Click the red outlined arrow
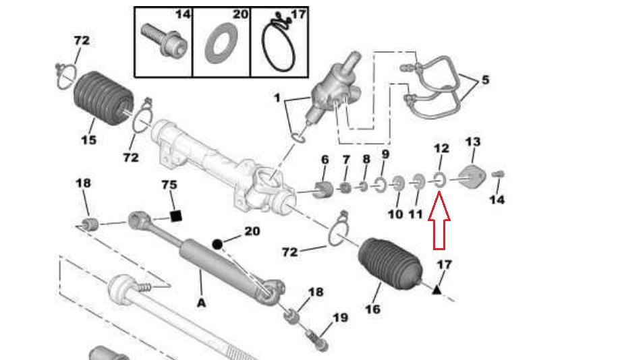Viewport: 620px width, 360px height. (x=439, y=220)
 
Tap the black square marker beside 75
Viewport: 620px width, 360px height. (x=175, y=216)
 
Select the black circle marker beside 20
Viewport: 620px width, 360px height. (x=217, y=244)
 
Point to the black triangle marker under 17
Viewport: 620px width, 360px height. (x=436, y=290)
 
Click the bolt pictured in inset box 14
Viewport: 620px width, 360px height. (x=164, y=40)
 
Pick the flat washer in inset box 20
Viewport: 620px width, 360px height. (x=221, y=42)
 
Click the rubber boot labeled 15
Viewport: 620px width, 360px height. (x=104, y=98)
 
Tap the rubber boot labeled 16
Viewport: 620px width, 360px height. (x=390, y=264)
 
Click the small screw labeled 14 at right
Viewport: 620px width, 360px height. (x=498, y=174)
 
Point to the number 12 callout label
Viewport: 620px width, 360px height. (x=441, y=148)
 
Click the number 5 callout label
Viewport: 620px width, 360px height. (x=485, y=80)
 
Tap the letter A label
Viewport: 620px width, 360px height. (x=202, y=303)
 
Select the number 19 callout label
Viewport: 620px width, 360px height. (x=341, y=318)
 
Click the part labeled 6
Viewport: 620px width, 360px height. (x=323, y=189)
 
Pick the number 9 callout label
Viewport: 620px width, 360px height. (x=385, y=154)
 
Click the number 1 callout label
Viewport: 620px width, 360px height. (x=277, y=97)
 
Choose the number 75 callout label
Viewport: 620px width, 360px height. (x=169, y=185)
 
